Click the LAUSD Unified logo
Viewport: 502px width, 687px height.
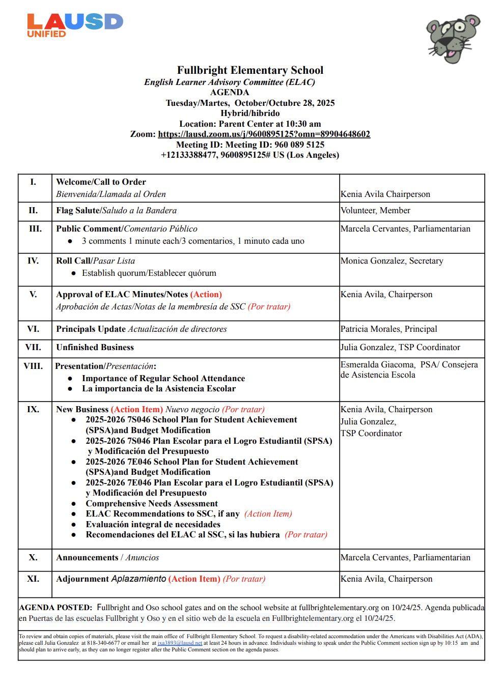74,25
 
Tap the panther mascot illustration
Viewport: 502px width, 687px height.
453,39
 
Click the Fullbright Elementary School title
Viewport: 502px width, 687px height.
250,70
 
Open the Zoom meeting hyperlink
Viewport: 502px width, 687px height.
264,134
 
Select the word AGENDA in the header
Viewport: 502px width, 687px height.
230,93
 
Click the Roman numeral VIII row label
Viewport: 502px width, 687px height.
34,366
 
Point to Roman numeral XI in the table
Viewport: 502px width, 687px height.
33,579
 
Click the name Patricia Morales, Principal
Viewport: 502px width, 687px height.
388,329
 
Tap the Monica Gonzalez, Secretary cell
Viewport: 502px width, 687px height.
392,261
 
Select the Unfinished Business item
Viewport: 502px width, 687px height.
95,348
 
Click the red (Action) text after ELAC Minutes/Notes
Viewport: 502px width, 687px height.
206,295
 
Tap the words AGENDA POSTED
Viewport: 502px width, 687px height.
55,608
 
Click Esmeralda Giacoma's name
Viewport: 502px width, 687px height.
377,365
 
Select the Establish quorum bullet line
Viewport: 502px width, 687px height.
149,273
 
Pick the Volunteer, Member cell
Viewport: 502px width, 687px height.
375,211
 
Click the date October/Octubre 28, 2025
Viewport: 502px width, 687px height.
284,103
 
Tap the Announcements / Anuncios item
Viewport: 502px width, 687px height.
107,558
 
